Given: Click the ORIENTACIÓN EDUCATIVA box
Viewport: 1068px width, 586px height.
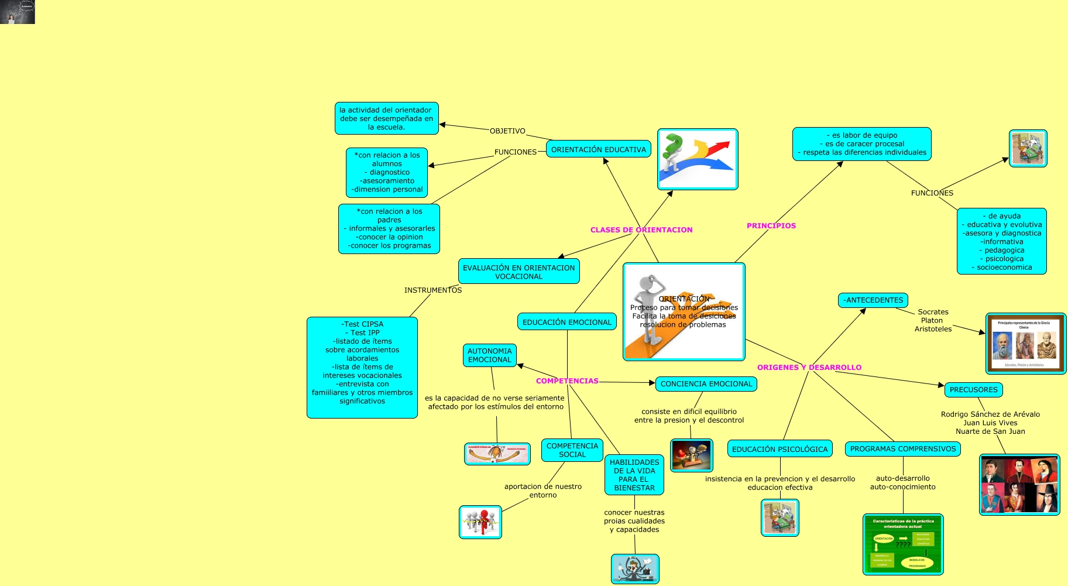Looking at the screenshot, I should tap(598, 149).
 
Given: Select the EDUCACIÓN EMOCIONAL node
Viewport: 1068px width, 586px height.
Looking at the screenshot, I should tap(566, 322).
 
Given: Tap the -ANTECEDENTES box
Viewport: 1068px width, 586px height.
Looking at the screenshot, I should tap(873, 300).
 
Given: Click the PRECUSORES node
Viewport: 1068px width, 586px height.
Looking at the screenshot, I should tap(973, 390).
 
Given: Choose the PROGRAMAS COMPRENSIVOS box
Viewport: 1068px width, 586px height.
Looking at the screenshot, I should tap(902, 449).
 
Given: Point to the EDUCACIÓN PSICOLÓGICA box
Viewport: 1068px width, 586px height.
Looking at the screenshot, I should tap(779, 449).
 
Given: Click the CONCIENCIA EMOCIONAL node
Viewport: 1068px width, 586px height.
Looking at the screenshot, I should tap(706, 384).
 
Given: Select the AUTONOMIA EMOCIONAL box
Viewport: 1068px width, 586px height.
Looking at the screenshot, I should tap(489, 355).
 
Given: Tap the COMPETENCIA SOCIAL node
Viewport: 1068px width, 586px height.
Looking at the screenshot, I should tap(572, 450).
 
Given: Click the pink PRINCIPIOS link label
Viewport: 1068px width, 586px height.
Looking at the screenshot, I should tap(771, 226).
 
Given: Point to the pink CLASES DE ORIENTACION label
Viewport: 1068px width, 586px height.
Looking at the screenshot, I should tap(641, 230).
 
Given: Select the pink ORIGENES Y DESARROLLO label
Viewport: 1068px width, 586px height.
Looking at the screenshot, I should tap(809, 368).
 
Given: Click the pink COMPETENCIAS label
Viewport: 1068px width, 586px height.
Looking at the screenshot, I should tap(566, 381).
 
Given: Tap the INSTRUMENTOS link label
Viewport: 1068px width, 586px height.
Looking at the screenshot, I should tap(432, 290).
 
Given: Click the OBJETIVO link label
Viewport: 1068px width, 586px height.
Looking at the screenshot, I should tap(507, 131).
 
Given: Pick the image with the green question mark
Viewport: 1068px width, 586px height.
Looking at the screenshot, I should tap(697, 159).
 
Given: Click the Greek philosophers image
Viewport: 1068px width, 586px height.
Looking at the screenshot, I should tap(1025, 344).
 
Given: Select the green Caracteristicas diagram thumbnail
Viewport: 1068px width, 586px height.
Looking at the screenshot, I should tap(902, 544).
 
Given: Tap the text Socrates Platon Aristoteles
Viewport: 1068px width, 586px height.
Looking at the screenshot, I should tap(933, 321).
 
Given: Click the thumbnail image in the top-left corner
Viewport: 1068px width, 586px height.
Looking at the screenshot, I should tap(18, 12).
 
